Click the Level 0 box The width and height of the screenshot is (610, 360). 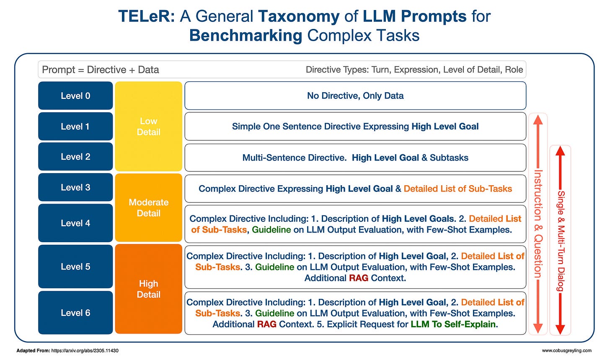coord(75,96)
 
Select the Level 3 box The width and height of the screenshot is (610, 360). coord(75,187)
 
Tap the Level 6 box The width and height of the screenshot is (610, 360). coord(75,313)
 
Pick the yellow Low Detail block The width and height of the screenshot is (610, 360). coord(148,127)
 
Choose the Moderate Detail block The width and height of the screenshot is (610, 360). coord(148,208)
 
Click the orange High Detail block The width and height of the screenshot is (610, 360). coord(148,289)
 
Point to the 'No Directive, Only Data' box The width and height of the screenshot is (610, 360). coord(355,96)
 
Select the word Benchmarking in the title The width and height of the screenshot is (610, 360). coord(246,36)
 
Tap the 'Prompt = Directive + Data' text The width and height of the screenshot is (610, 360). coord(101,70)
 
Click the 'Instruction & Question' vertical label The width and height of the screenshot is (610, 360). coord(538,224)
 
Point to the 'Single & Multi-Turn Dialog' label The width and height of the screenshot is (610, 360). coord(560,241)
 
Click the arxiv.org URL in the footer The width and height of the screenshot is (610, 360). coord(85,350)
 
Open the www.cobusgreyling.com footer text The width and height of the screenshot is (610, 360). coord(566,350)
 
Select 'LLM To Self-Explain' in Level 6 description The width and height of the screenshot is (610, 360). coord(454,324)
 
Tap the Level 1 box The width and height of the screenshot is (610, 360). coord(75,126)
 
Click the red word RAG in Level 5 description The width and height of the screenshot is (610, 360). coord(358,278)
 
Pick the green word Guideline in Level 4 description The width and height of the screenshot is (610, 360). coord(271,230)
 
